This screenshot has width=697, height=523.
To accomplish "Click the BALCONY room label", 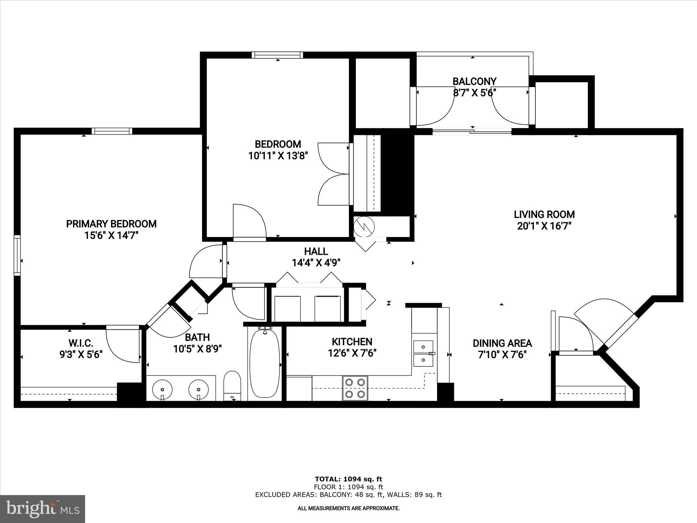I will [x=474, y=81].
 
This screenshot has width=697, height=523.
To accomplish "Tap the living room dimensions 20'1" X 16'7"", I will [x=544, y=226].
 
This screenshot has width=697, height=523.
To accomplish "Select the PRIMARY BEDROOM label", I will [x=111, y=224].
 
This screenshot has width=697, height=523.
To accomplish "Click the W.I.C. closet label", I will [x=81, y=343].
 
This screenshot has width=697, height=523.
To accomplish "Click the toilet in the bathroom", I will [x=232, y=385].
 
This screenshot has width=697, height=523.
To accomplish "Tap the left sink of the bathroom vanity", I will [x=162, y=389].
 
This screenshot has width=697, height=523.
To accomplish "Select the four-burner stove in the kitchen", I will [x=355, y=388].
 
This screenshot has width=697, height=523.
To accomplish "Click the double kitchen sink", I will [x=423, y=353].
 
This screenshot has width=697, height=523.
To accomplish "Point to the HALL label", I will [x=316, y=251].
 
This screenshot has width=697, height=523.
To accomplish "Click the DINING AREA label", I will [x=502, y=343].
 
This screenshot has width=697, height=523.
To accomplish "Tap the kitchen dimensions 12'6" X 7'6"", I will [x=352, y=353].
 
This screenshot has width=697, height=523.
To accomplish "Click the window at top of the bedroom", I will [x=277, y=55].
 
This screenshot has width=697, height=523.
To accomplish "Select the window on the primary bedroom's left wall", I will [x=17, y=255].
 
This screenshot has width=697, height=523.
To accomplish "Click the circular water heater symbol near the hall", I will [x=364, y=226].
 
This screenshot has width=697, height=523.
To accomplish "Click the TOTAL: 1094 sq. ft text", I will [x=348, y=479].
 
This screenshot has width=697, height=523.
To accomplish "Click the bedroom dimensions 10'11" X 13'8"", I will [x=278, y=156].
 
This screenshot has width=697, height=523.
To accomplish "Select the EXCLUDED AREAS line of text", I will [x=348, y=495].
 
